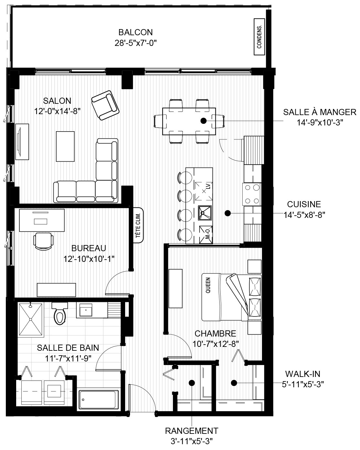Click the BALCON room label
136,32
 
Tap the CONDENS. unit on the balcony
259,37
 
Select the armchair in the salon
105,105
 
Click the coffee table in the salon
65,146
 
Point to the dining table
189,121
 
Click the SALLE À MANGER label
320,112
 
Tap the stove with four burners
252,194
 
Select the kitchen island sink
205,213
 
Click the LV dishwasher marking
208,186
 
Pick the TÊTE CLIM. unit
138,225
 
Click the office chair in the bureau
43,241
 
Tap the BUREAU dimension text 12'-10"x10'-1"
89,259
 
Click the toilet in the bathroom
60,313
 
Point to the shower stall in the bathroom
31,319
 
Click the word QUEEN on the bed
208,285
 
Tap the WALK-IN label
303,374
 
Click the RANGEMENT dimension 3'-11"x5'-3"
191,441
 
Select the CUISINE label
304,204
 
